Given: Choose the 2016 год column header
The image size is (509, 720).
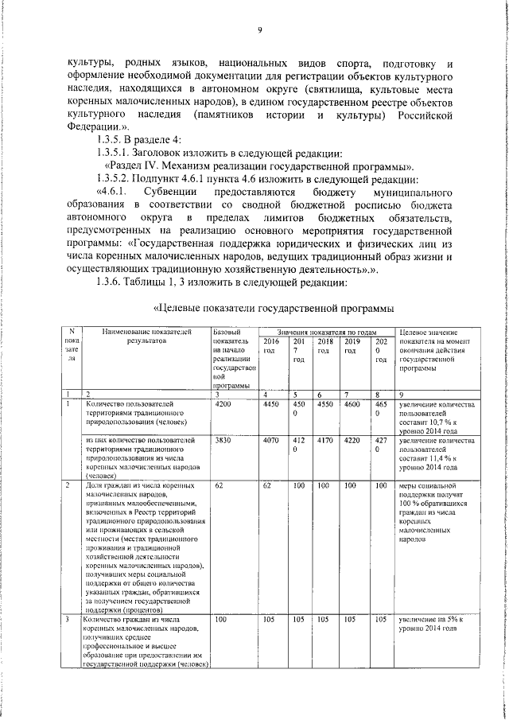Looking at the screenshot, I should (271, 344).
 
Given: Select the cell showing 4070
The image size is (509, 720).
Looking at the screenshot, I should (271, 439).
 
